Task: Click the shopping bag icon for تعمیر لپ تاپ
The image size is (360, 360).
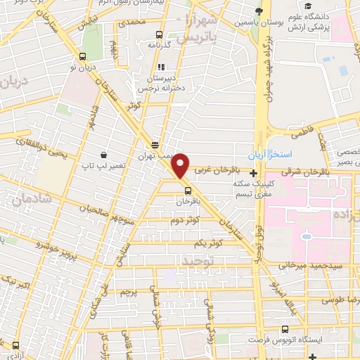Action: pos(103,154)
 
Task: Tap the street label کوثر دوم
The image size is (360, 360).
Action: pos(186,220)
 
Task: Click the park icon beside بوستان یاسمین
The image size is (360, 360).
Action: pos(259,10)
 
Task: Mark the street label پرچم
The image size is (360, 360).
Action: pos(127,290)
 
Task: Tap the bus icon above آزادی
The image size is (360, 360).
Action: pos(16,346)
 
